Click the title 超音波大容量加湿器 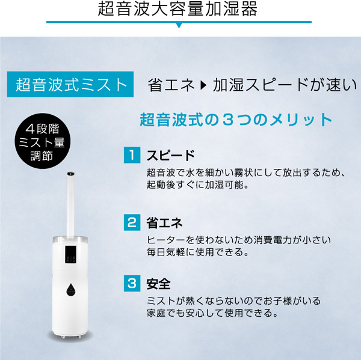click(x=177, y=9)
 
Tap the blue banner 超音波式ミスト click(x=70, y=84)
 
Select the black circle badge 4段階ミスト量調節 click(x=42, y=141)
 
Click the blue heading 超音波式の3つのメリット click(x=236, y=120)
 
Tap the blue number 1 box click(x=132, y=155)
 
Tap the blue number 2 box click(x=132, y=222)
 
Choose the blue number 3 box click(x=132, y=284)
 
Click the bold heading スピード click(x=171, y=155)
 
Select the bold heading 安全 click(x=159, y=284)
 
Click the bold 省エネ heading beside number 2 click(x=165, y=222)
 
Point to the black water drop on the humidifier click(x=70, y=289)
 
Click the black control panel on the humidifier click(x=70, y=255)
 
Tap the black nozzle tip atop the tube click(x=70, y=174)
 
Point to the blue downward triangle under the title click(x=179, y=25)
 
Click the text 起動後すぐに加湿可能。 click(x=198, y=185)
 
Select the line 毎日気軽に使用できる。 click(x=198, y=252)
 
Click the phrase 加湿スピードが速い click(x=285, y=85)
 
